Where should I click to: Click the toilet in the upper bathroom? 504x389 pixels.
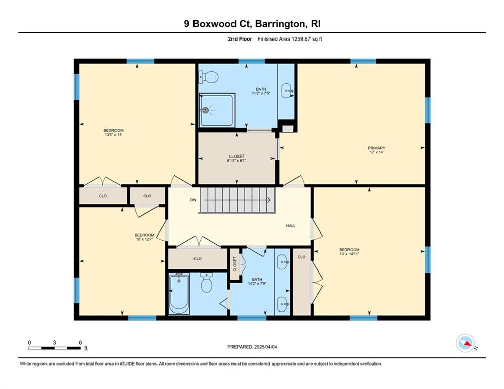point(208,77)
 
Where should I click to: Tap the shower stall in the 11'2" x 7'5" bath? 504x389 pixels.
point(217,109)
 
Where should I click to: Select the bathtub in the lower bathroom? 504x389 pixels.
point(179,293)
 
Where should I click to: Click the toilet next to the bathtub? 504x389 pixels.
point(206,282)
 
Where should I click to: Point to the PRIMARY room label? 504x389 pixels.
point(376,148)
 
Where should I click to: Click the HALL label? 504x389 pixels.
point(291,226)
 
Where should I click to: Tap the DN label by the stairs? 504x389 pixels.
point(193,200)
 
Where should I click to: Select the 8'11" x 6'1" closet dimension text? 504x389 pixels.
point(237,161)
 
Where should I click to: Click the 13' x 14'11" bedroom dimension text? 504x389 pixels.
point(350,254)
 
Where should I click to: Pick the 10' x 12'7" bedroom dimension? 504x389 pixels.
point(144,239)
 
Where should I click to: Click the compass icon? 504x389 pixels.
point(466,343)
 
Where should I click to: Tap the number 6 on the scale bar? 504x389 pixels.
point(80,343)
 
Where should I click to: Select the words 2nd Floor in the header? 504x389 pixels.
point(240,39)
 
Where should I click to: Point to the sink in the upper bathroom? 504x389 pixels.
point(287,91)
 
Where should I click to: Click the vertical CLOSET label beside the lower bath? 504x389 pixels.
point(235,264)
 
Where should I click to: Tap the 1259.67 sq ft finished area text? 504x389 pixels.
point(306,39)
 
